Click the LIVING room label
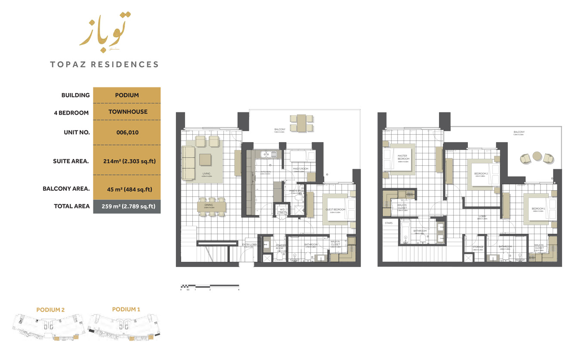click(x=206, y=174)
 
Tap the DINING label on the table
click(x=208, y=205)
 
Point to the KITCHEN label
click(x=266, y=171)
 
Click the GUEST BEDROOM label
click(x=335, y=210)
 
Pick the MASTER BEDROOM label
click(x=402, y=157)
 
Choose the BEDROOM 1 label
click(x=538, y=209)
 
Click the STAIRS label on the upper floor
click(x=389, y=223)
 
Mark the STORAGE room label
click(x=478, y=247)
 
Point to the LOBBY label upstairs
click(x=482, y=217)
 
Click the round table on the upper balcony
click(x=537, y=156)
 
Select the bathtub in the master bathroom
click(x=405, y=233)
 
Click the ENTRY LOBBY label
click(x=250, y=245)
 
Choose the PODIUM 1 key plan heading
click(x=126, y=309)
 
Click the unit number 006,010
click(x=127, y=133)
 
